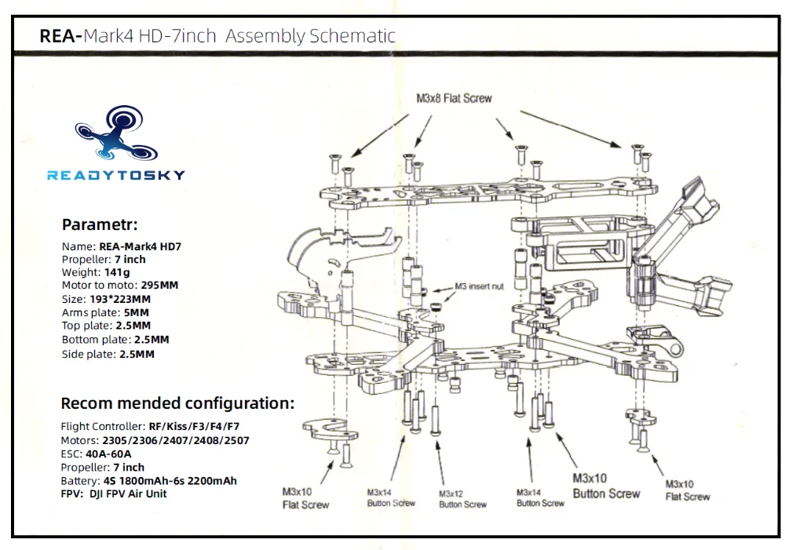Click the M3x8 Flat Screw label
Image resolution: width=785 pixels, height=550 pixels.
tap(454, 98)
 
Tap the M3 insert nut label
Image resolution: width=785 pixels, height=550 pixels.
tap(479, 286)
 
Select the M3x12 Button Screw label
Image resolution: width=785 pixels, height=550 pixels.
tap(462, 499)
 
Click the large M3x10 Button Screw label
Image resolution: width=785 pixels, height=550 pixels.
tap(606, 486)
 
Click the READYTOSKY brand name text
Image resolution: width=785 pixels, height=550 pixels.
tap(115, 175)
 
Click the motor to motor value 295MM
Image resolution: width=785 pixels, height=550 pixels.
tap(159, 286)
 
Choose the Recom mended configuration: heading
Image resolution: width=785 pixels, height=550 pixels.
tap(177, 404)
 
